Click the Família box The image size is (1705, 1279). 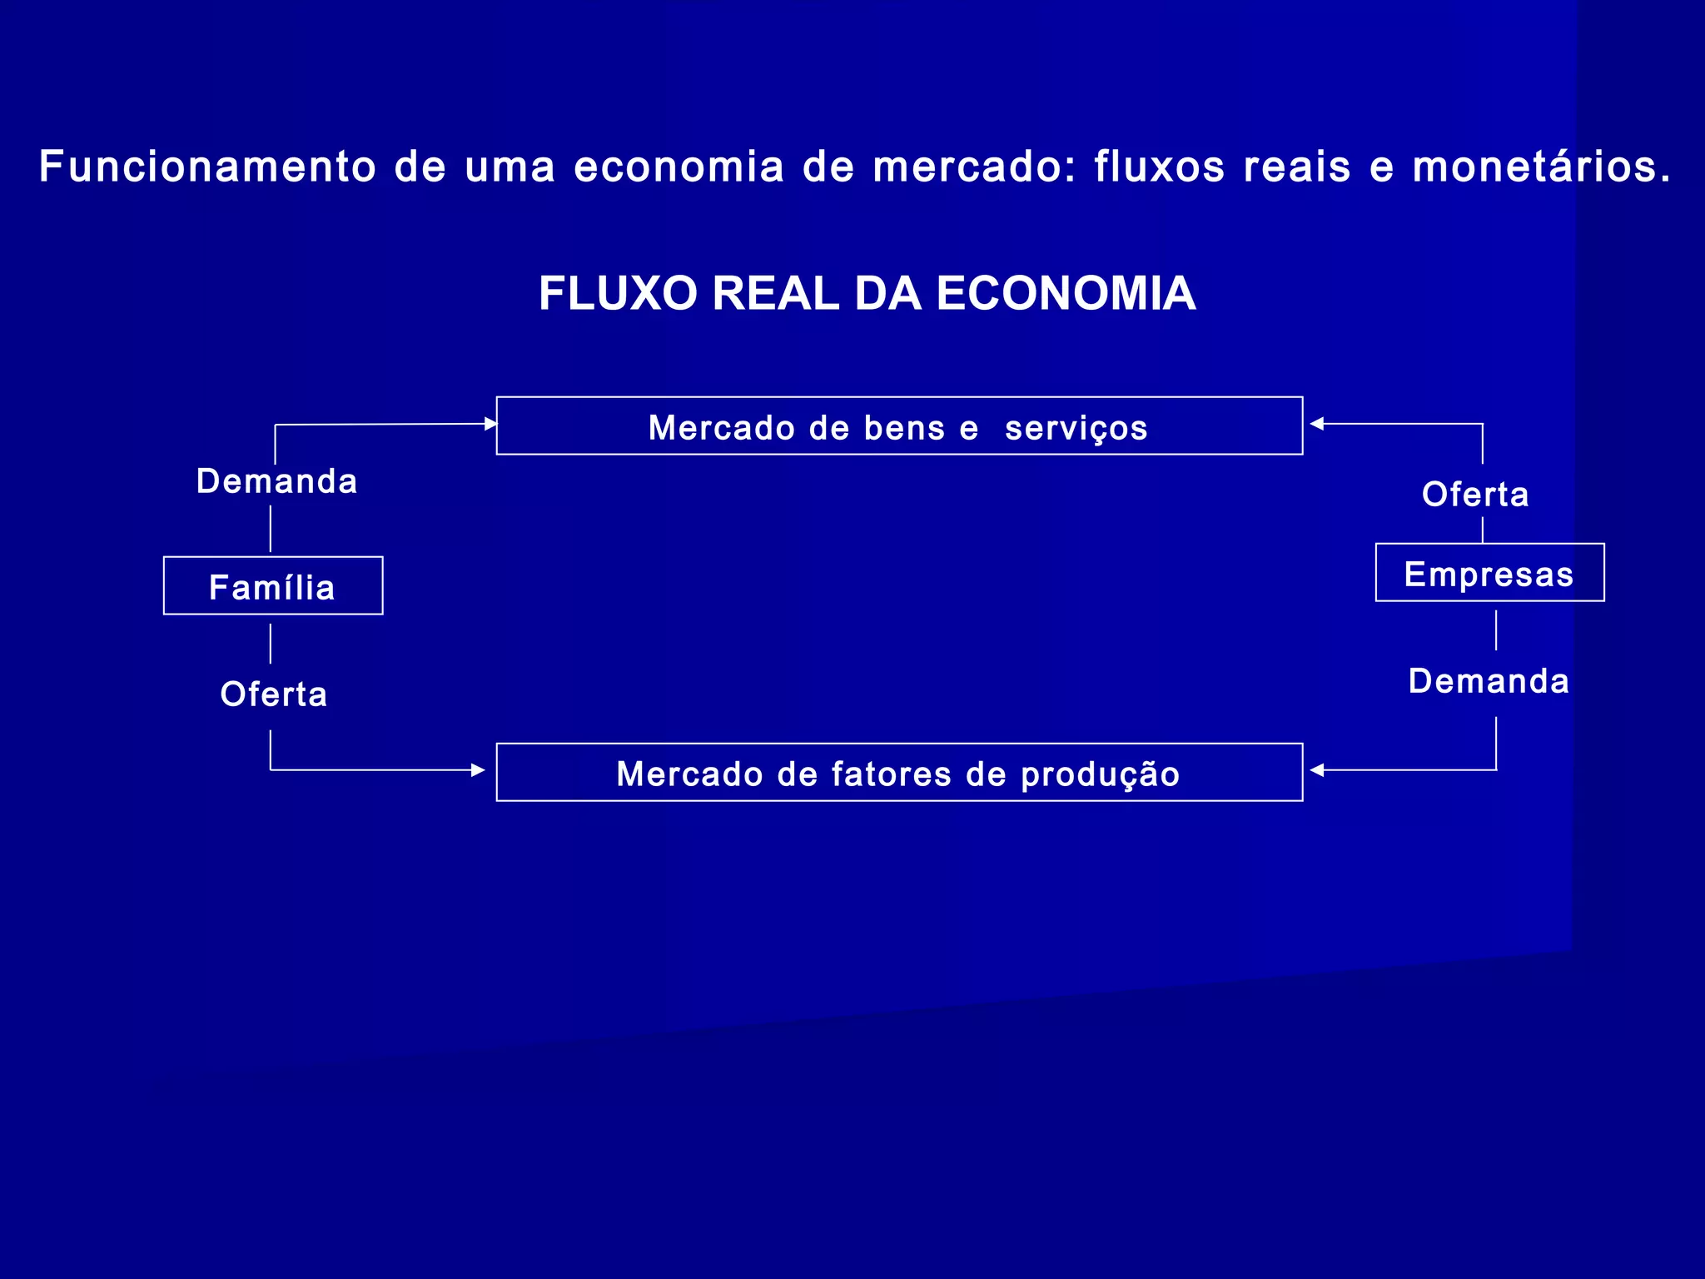[x=273, y=586]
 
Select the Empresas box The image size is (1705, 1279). [x=1489, y=573]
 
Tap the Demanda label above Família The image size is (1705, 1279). [x=277, y=481]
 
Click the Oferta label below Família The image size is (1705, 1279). [x=274, y=694]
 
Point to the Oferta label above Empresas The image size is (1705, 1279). [x=1476, y=495]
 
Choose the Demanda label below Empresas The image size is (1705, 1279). [x=1489, y=681]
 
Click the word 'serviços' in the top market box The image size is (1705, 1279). [x=1076, y=429]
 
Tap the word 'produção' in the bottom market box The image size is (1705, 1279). [x=1101, y=775]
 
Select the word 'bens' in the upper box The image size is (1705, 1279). [x=904, y=428]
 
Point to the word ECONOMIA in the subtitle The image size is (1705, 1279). [x=1066, y=293]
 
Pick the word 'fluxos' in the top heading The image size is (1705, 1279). [x=1160, y=167]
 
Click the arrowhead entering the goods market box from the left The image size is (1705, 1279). [x=490, y=424]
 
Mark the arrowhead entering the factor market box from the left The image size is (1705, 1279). [x=478, y=770]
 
